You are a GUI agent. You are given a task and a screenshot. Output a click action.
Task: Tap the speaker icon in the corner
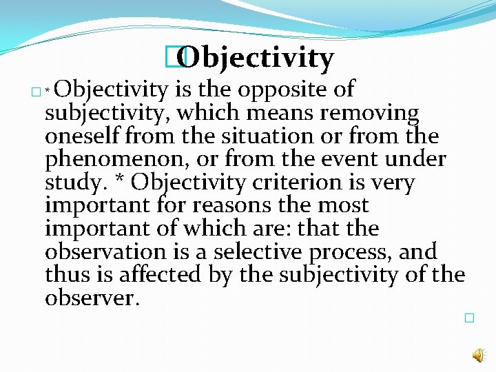[477, 355]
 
